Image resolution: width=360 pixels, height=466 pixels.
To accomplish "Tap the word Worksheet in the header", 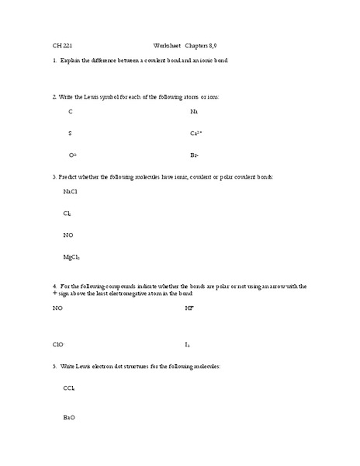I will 168,45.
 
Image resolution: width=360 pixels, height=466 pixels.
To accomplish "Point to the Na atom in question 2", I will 193,112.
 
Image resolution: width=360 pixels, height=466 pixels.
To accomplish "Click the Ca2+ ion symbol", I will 196,134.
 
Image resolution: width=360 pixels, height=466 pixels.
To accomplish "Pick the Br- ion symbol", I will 194,155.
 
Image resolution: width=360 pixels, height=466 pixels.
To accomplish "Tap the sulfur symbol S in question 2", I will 70,134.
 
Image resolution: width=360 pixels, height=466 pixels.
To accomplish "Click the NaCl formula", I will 70,191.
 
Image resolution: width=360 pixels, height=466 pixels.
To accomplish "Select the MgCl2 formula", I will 71,257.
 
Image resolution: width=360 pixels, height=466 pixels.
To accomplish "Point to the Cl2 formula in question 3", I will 67,213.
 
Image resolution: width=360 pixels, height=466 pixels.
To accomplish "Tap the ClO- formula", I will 58,344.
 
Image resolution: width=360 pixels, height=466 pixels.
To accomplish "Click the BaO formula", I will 69,418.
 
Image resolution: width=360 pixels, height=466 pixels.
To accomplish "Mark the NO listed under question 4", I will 57,308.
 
